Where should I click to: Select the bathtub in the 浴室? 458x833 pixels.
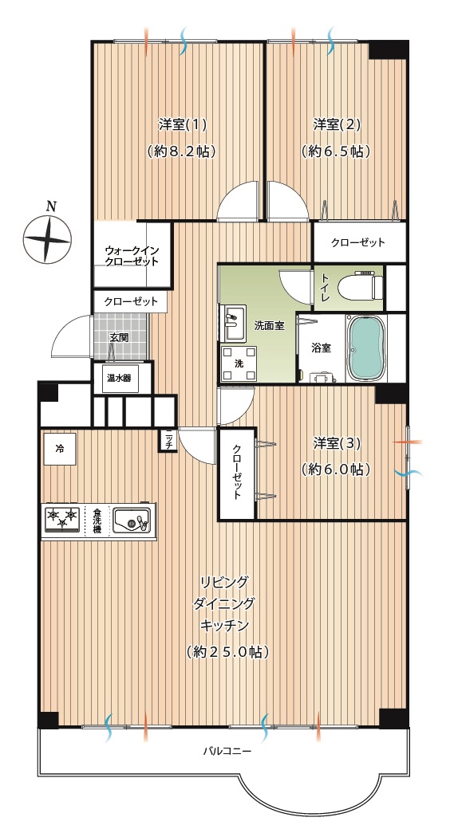click(x=366, y=348)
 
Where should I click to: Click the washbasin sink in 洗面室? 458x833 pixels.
click(x=233, y=324)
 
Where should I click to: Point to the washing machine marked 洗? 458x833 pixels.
click(x=239, y=364)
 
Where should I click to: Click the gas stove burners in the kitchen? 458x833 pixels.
click(x=62, y=518)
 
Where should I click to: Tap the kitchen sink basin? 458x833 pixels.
click(x=132, y=520)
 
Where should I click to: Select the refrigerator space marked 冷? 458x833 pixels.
click(x=59, y=449)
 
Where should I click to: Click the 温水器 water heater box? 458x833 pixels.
click(x=120, y=379)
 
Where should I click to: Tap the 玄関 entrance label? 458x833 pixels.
click(x=119, y=337)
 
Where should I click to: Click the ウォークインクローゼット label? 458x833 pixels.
click(x=132, y=256)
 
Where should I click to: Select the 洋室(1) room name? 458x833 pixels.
click(x=182, y=124)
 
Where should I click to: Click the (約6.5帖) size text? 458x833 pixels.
click(x=336, y=151)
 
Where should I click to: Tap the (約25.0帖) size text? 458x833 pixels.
click(x=227, y=652)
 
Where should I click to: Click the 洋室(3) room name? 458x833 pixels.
click(x=337, y=442)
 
